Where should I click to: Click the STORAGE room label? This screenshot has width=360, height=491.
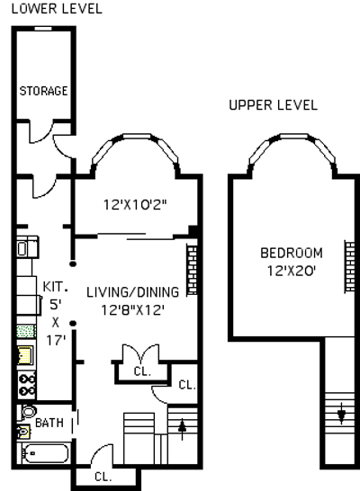43,91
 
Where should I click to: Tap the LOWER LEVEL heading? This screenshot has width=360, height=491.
57,8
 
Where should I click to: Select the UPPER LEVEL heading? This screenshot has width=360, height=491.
274,105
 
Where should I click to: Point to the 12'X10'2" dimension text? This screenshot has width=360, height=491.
135,205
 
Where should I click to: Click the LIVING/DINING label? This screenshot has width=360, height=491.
133,292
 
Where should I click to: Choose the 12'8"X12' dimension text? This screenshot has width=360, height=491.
133,310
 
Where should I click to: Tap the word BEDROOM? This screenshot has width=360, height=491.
292,253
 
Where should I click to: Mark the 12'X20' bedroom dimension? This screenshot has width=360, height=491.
291,271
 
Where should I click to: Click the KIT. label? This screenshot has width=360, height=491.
55,287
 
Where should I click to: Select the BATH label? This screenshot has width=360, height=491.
49,423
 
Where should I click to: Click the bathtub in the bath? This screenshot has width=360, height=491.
45,453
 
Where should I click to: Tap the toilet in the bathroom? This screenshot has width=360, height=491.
28,412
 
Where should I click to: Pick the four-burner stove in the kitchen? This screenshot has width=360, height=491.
27,385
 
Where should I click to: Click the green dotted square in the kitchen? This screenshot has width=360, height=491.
26,331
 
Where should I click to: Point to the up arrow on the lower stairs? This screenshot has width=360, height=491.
183,429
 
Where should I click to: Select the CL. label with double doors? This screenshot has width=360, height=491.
142,371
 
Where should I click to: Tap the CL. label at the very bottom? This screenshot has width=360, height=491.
103,477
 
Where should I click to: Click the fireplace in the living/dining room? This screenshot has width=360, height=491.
192,270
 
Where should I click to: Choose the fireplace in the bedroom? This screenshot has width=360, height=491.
350,267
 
